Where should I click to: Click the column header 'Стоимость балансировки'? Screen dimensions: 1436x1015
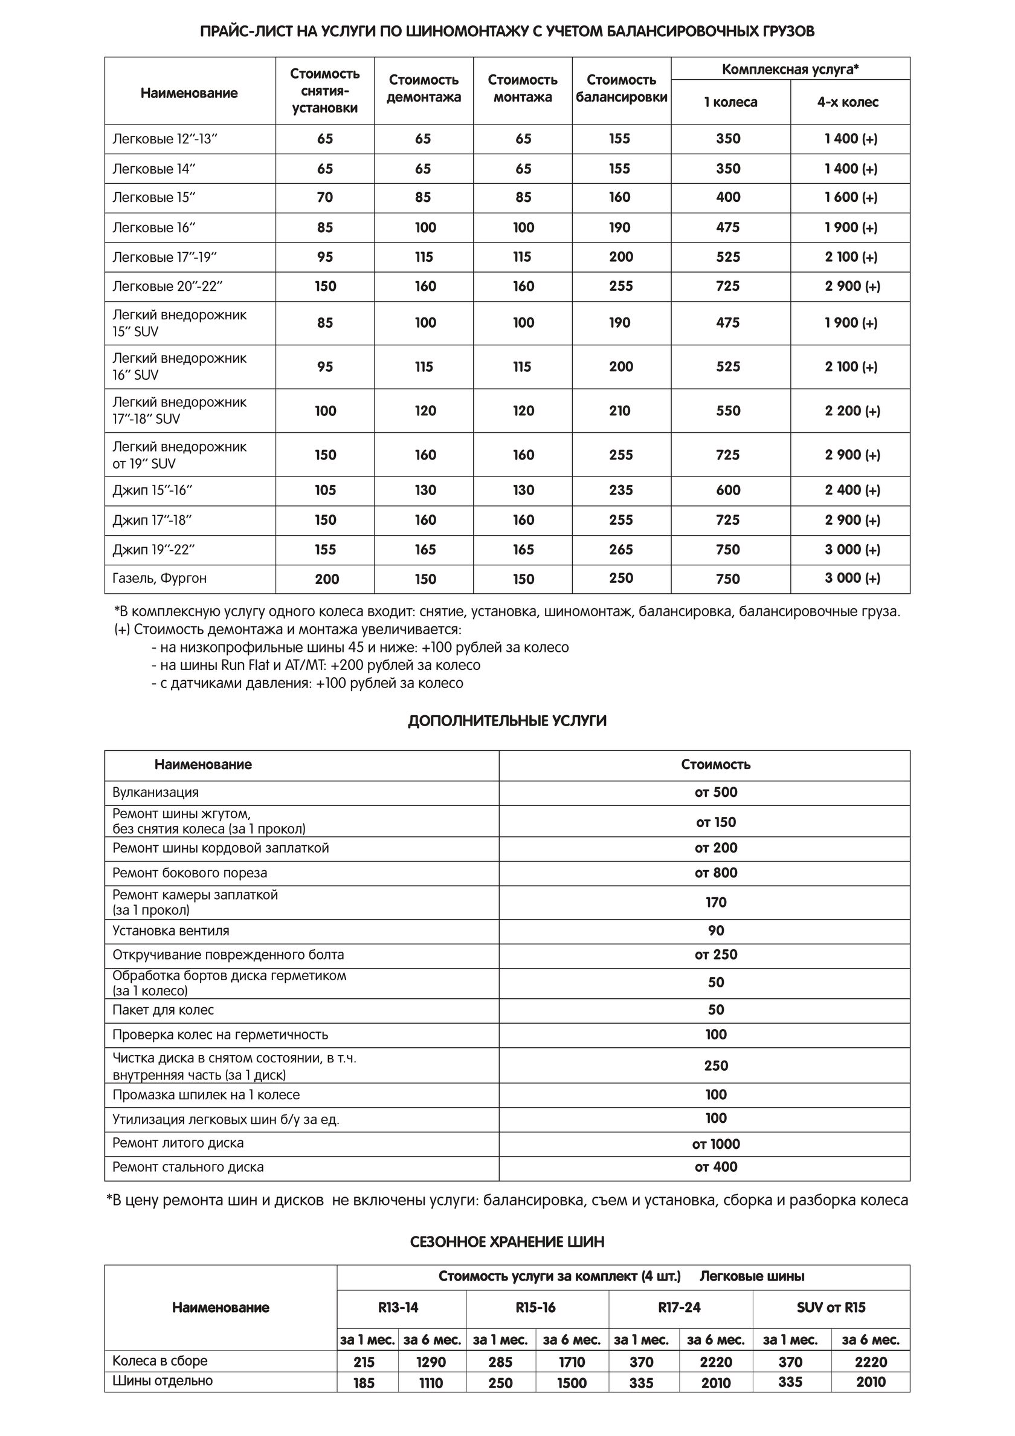(621, 89)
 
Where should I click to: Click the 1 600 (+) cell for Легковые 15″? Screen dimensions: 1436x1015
(851, 198)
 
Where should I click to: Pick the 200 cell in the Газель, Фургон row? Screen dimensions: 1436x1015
(326, 579)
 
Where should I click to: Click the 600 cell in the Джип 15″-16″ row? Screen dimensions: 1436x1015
(728, 490)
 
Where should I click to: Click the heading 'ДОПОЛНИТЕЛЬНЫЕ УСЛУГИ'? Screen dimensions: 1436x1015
(507, 721)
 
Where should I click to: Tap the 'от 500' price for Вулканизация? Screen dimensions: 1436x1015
(715, 793)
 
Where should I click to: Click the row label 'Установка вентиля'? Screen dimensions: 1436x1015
(170, 931)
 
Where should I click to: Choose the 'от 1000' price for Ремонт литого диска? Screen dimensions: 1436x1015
(715, 1145)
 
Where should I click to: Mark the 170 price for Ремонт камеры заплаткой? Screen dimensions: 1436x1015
(715, 903)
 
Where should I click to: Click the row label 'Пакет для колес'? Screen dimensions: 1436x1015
(163, 1010)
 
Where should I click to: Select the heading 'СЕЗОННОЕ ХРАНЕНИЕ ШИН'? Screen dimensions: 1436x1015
(507, 1242)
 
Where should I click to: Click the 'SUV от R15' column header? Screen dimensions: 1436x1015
(831, 1307)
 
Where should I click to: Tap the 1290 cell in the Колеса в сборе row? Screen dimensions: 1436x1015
(431, 1362)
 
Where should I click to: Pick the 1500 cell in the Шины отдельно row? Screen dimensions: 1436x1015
(572, 1383)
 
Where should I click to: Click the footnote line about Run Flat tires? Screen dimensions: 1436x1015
(315, 666)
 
